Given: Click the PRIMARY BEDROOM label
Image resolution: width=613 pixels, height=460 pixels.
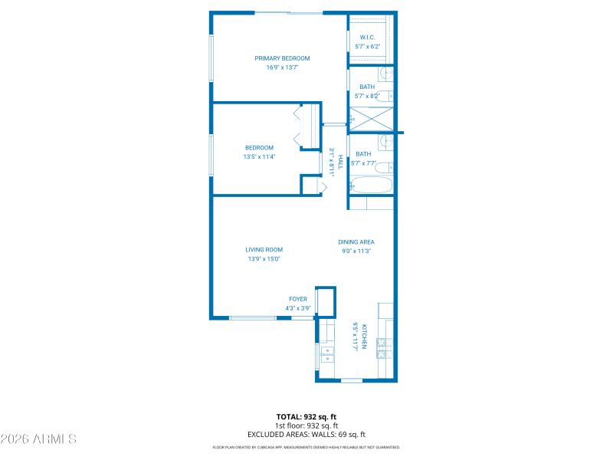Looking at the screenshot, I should [x=282, y=58].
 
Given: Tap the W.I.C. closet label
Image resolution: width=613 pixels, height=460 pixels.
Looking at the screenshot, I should [x=368, y=37].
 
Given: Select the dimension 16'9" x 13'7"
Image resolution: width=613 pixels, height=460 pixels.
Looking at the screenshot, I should [x=282, y=67].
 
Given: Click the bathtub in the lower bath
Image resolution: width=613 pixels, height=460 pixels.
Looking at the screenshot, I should [x=371, y=185].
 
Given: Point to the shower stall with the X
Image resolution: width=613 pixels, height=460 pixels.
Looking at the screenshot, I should [x=371, y=119].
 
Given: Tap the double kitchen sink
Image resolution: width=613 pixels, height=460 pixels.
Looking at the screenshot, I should [x=328, y=355].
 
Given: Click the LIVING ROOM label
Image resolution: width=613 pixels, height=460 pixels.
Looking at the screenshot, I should [x=264, y=250].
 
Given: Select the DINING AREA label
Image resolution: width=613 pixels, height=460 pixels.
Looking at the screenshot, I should [x=356, y=242].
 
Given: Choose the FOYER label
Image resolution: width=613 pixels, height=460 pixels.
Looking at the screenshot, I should [x=298, y=299].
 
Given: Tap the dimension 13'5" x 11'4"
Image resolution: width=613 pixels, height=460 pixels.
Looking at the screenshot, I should [x=259, y=156].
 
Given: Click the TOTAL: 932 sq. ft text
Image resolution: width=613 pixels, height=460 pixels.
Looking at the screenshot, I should [x=306, y=417].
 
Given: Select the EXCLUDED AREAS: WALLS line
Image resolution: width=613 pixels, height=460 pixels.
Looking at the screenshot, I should [x=306, y=434].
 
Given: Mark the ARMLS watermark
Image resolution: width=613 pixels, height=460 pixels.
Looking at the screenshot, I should [x=38, y=439].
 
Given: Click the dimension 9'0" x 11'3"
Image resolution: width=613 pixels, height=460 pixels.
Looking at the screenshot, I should [x=356, y=251].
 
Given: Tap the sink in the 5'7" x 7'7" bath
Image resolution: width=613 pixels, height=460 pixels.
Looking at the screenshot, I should [x=387, y=141].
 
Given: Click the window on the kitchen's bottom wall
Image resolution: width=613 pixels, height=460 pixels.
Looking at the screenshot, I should [x=352, y=380].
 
